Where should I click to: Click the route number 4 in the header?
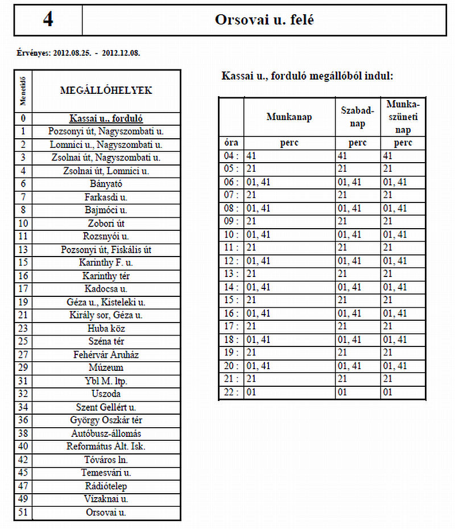pyautogui.click(x=48, y=20)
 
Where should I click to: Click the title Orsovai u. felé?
pyautogui.click(x=264, y=20)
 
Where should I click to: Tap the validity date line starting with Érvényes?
pyautogui.click(x=79, y=53)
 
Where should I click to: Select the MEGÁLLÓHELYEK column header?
pyautogui.click(x=106, y=90)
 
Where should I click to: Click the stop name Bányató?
pyautogui.click(x=106, y=184)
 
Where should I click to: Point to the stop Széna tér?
pyautogui.click(x=106, y=341)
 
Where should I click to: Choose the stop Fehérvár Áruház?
pyautogui.click(x=106, y=354)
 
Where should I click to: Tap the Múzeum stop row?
pyautogui.click(x=106, y=367)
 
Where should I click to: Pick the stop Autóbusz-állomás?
pyautogui.click(x=106, y=433)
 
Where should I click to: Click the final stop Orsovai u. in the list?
pyautogui.click(x=106, y=512)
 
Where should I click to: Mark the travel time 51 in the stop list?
pyautogui.click(x=23, y=512)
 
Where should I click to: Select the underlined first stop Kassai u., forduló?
pyautogui.click(x=106, y=119)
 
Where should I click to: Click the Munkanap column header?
pyautogui.click(x=289, y=117)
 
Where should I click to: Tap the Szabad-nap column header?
pyautogui.click(x=357, y=117)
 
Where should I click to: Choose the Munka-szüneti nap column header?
pyautogui.click(x=403, y=117)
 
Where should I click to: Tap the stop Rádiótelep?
pyautogui.click(x=106, y=486)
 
